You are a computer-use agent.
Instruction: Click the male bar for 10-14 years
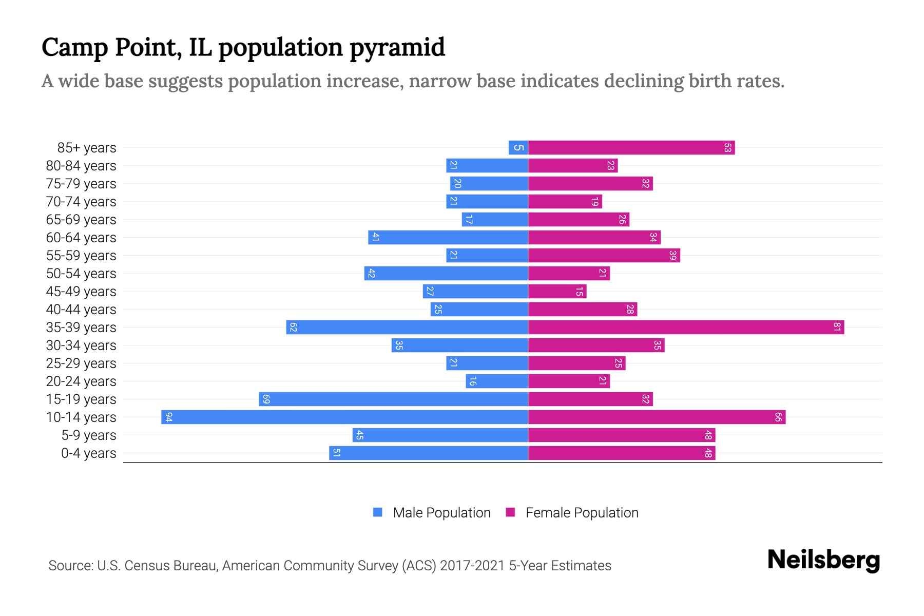344,417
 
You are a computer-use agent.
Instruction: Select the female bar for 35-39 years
686,327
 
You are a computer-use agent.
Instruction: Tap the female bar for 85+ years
631,147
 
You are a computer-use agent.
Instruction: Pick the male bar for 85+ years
518,147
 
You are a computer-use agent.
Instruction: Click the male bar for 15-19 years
393,399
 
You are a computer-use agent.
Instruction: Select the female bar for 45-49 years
557,291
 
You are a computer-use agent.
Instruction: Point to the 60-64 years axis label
81,238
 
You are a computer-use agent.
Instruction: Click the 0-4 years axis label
88,453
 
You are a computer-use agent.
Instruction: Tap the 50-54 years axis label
81,274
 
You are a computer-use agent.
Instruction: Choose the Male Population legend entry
441,512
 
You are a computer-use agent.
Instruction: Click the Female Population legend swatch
510,512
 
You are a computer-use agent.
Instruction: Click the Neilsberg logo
823,560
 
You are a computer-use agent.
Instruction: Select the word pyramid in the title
397,47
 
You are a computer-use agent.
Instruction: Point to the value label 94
168,417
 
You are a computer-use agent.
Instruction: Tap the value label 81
837,327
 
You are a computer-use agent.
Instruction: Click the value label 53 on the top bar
727,147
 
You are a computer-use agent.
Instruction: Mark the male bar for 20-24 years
497,381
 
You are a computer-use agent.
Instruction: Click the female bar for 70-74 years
565,201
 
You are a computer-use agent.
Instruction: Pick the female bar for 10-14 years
657,417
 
